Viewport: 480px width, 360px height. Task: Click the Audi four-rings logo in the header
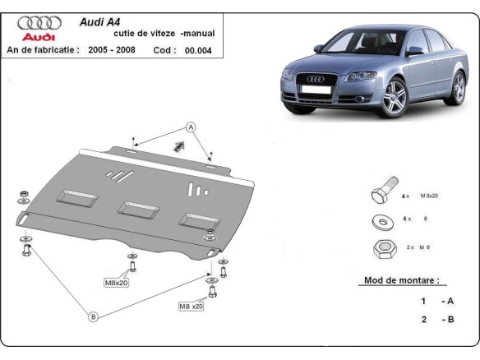(x=39, y=24)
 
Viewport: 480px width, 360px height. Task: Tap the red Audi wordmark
(x=39, y=38)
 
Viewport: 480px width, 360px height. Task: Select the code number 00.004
(x=198, y=50)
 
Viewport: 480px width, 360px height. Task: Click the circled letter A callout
(x=191, y=127)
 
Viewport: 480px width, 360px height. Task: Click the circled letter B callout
(x=93, y=316)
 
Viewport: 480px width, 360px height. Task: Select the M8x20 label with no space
(x=116, y=283)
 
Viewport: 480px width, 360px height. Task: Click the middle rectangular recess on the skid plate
(x=136, y=209)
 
